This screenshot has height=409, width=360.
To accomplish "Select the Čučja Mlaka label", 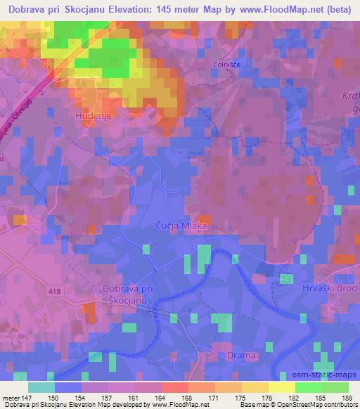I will [181, 226].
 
